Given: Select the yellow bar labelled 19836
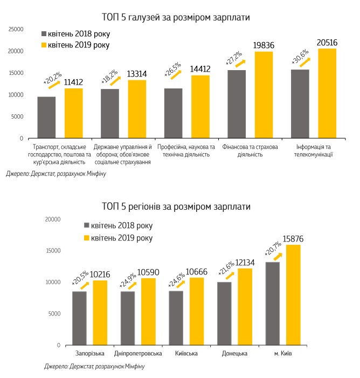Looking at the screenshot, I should point(264,95).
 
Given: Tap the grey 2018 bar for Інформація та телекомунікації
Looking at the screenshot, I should point(300,104).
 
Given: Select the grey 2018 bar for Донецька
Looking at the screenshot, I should point(225,313).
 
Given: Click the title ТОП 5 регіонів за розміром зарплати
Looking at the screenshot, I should point(176,207).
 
